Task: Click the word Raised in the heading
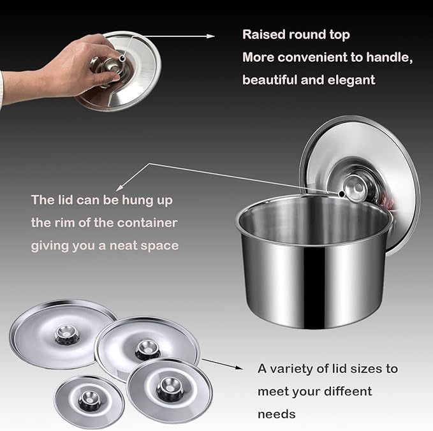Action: (x=263, y=34)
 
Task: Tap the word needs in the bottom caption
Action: (x=276, y=414)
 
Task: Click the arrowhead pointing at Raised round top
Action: (x=210, y=36)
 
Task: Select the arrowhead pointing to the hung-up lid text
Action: (x=119, y=188)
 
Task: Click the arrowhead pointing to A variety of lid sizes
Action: (x=239, y=367)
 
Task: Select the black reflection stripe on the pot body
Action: (x=314, y=287)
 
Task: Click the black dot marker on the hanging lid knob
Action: (x=342, y=194)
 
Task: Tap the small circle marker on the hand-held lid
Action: (x=122, y=58)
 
